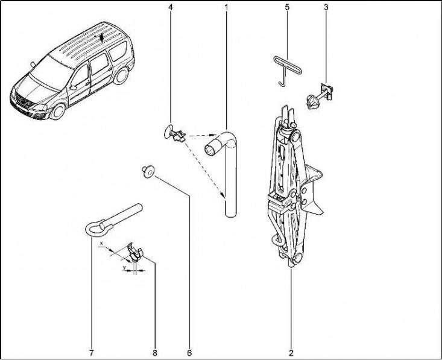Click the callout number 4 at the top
tap(170, 7)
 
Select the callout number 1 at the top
tap(226, 7)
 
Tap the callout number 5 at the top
tap(287, 7)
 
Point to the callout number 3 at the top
tap(326, 7)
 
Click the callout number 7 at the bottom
tap(91, 352)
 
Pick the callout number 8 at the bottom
tap(155, 352)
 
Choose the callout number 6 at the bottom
tap(189, 352)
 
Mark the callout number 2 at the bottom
tap(291, 352)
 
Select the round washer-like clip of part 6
tap(148, 171)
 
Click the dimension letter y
tap(124, 267)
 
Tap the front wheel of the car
tap(58, 112)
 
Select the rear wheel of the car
tap(121, 76)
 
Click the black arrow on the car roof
tap(102, 37)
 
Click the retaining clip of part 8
tap(134, 251)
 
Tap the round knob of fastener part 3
tap(312, 102)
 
